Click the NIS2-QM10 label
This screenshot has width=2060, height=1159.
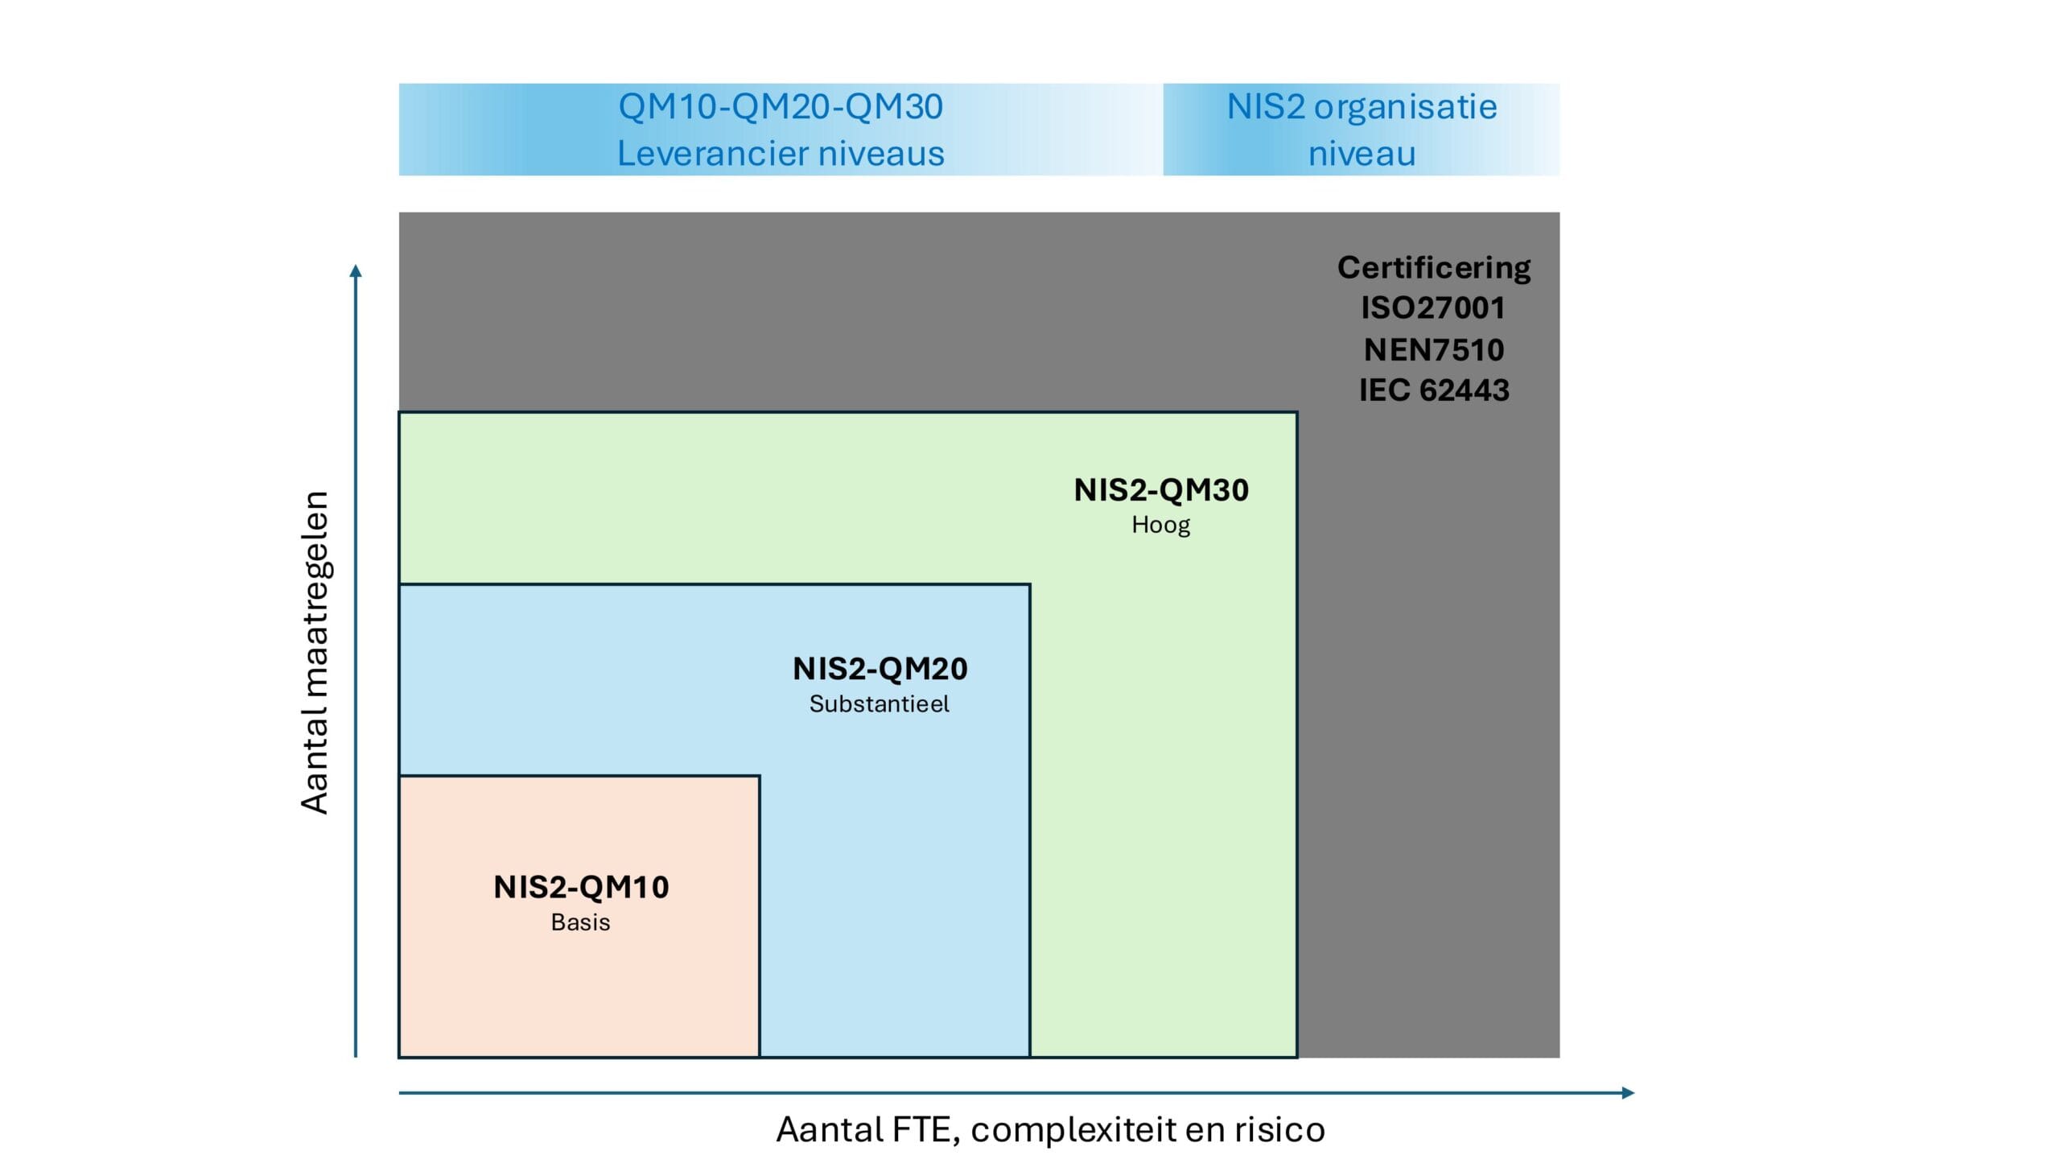tap(581, 887)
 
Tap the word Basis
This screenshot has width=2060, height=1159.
tap(580, 922)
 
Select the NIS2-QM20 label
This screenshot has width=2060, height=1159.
tap(880, 669)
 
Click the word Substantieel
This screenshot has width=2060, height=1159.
tap(879, 704)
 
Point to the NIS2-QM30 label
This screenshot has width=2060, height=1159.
tap(1160, 490)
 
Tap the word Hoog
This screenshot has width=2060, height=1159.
tap(1160, 525)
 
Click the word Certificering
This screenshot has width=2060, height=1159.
tap(1433, 267)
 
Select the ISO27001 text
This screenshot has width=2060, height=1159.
tap(1433, 307)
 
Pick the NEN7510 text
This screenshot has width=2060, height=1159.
tap(1433, 349)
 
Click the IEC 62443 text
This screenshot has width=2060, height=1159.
tap(1433, 390)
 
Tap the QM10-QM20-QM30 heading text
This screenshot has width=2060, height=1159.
tap(780, 107)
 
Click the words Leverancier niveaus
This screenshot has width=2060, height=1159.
tap(780, 154)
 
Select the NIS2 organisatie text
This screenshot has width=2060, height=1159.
tap(1362, 107)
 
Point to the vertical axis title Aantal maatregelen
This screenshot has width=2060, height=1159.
tap(315, 652)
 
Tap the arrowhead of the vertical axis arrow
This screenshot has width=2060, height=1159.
tap(356, 270)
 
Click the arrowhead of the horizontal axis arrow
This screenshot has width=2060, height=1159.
tap(1628, 1093)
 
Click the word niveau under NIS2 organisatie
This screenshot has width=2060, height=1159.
tap(1362, 154)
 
